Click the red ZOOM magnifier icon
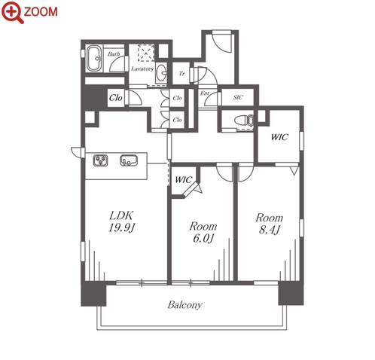(13, 12)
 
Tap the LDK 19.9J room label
(122, 221)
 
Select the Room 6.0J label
(203, 232)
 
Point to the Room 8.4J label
(269, 224)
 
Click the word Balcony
(185, 305)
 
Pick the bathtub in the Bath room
(94, 59)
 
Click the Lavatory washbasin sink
(162, 73)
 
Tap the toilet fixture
(244, 121)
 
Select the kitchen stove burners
(101, 160)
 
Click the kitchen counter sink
(129, 160)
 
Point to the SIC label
(238, 97)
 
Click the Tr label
(181, 74)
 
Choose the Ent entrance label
(204, 93)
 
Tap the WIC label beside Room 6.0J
(184, 180)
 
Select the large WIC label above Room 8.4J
(279, 137)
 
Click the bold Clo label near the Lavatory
(115, 98)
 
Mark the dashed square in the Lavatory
(146, 53)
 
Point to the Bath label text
(114, 54)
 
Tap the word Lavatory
(142, 69)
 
